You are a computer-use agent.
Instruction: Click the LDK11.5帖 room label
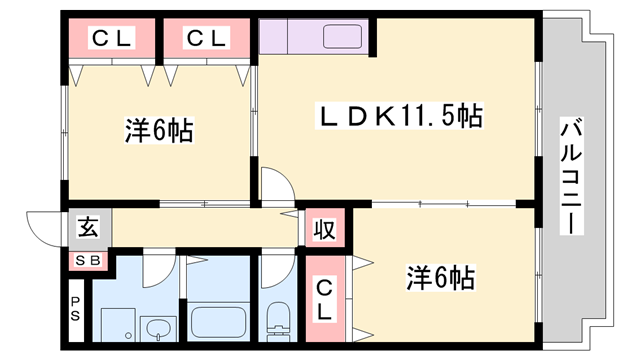[399, 117]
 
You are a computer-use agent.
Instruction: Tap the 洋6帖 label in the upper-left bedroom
[159, 130]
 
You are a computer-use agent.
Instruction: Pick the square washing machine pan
[117, 325]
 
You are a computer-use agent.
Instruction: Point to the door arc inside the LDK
[277, 184]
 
